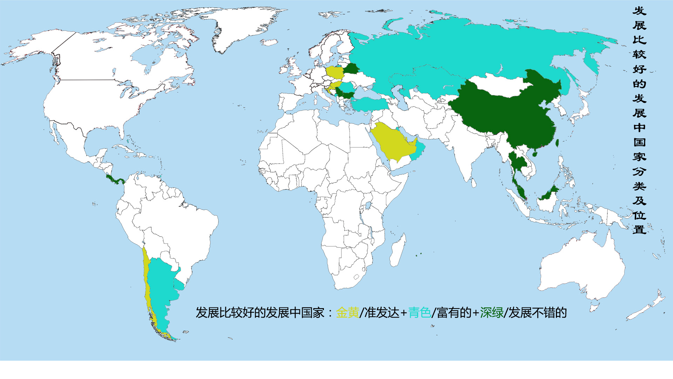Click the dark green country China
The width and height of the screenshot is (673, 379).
508,112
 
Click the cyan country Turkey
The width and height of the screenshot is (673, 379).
368,104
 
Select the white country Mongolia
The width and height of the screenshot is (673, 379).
498,86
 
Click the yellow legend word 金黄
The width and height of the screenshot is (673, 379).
347,312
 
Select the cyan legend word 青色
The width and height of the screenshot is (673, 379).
420,312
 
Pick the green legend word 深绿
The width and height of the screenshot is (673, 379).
491,312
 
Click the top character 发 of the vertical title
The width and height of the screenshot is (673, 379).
639,11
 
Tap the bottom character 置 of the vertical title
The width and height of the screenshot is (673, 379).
639,230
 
